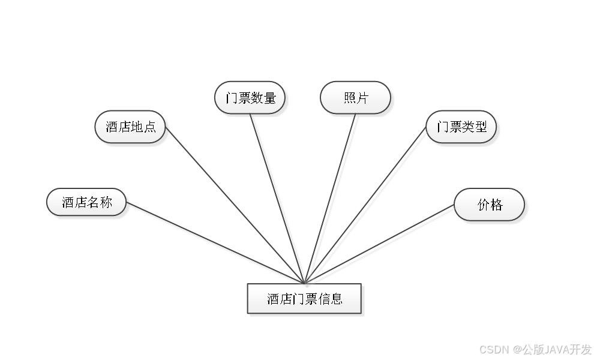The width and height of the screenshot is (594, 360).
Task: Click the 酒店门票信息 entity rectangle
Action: (x=304, y=299)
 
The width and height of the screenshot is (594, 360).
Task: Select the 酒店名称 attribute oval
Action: (x=87, y=202)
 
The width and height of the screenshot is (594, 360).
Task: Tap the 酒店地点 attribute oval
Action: (x=130, y=127)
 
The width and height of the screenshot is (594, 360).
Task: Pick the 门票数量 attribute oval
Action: (x=250, y=97)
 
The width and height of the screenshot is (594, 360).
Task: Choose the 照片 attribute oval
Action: (x=355, y=98)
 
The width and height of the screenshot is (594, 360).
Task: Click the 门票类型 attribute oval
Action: (x=461, y=127)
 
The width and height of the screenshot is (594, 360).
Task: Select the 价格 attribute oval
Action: (x=489, y=205)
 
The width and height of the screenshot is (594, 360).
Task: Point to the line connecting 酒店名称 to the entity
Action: (x=216, y=243)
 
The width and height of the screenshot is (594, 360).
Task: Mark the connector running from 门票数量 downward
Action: (x=278, y=198)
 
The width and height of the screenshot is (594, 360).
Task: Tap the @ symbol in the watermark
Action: (x=515, y=349)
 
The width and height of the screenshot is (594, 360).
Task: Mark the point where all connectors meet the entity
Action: (x=305, y=283)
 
